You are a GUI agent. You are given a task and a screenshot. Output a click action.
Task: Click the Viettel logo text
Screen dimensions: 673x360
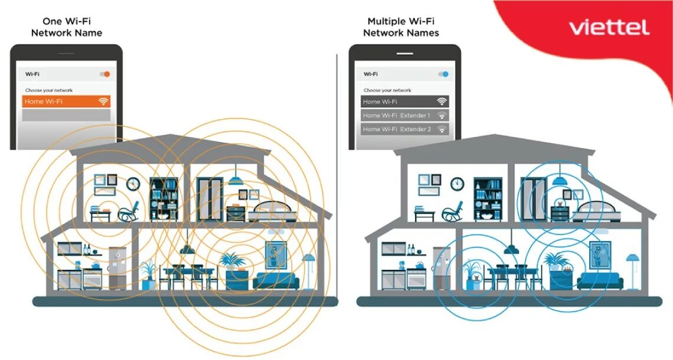pyautogui.click(x=609, y=28)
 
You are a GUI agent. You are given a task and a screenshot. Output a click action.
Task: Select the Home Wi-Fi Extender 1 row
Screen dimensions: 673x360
pyautogui.click(x=405, y=115)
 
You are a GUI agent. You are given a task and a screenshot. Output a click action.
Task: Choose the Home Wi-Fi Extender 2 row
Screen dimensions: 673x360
pyautogui.click(x=405, y=129)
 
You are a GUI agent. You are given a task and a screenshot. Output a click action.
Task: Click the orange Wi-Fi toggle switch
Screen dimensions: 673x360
pyautogui.click(x=105, y=74)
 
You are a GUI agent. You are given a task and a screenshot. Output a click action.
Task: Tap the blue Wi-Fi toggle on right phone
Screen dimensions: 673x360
pyautogui.click(x=443, y=74)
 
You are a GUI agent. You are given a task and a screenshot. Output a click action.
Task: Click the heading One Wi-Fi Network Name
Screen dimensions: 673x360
pyautogui.click(x=66, y=27)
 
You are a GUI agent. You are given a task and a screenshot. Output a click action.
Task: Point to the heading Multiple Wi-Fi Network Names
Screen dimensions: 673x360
pyautogui.click(x=401, y=27)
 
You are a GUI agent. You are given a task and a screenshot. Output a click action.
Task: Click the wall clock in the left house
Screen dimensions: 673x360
pyautogui.click(x=133, y=184)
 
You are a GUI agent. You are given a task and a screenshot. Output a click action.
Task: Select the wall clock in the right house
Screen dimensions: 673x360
pyautogui.click(x=458, y=184)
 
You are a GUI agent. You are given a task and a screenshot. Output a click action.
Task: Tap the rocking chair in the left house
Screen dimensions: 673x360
pyautogui.click(x=129, y=212)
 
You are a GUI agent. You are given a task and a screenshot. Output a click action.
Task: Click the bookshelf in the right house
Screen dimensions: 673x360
pyautogui.click(x=488, y=199)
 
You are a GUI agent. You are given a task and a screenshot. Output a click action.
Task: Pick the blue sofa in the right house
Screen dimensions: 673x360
pyautogui.click(x=600, y=280)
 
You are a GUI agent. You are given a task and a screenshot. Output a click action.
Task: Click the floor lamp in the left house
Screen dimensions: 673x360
pyautogui.click(x=309, y=270)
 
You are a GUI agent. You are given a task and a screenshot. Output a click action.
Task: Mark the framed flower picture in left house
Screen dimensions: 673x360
pyautogui.click(x=276, y=254)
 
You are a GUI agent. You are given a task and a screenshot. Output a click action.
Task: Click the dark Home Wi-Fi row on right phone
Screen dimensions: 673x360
pyautogui.click(x=405, y=101)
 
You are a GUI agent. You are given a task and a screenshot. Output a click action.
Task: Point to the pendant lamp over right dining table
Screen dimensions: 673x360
pyautogui.click(x=511, y=249)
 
